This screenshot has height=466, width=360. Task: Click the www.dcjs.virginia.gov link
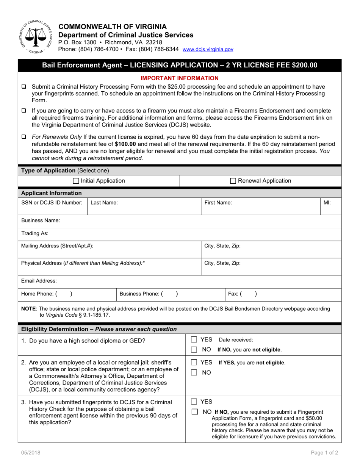(208, 50)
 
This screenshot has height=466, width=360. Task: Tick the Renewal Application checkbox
(233, 181)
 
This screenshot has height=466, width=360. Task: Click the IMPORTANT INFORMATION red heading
(180, 78)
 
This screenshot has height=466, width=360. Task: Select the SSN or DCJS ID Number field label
(52, 203)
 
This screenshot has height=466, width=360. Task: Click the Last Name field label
(104, 203)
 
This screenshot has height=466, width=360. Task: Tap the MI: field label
(327, 203)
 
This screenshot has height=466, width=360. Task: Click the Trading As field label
(35, 233)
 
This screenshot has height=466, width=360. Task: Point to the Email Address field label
(39, 281)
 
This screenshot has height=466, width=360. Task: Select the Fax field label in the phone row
(233, 294)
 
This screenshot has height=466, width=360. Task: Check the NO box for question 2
(194, 372)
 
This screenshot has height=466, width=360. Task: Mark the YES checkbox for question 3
(194, 402)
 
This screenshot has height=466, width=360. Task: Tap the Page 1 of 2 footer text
(324, 452)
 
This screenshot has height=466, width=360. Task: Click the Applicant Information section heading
(51, 193)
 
